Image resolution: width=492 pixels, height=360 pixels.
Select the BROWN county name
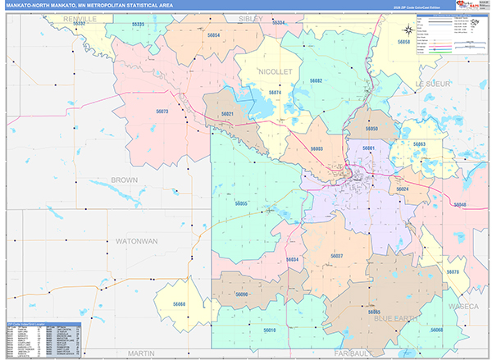click(x=125, y=179)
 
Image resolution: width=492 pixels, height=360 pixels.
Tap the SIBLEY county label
click(x=252, y=17)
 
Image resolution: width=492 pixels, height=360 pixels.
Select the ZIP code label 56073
click(x=162, y=112)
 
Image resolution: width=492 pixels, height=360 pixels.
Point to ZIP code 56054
click(x=214, y=35)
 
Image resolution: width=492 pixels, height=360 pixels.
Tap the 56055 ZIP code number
click(x=241, y=203)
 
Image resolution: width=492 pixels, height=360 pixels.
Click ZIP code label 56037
click(x=336, y=257)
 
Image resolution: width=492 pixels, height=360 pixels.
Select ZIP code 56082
click(x=316, y=80)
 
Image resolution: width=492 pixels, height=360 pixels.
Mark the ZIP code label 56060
click(x=180, y=304)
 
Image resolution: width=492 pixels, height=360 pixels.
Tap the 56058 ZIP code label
click(x=403, y=41)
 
